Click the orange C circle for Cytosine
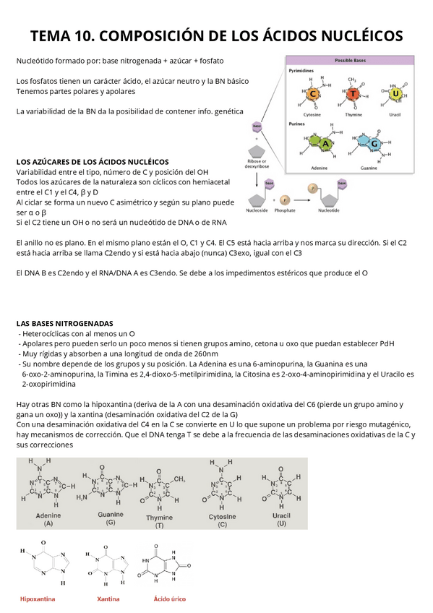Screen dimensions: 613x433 point(313,94)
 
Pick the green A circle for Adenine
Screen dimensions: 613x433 point(326,144)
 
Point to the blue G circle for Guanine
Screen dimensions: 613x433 point(376,144)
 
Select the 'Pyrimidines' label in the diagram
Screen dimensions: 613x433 point(301,72)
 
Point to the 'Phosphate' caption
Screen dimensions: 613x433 point(285,210)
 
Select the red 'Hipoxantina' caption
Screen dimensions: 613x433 point(38,599)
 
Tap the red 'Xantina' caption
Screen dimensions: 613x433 point(108,599)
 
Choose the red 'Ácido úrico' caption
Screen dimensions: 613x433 point(170,599)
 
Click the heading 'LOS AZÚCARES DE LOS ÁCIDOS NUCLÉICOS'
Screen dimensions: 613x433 point(92,161)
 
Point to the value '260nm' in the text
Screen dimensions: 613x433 point(204,354)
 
